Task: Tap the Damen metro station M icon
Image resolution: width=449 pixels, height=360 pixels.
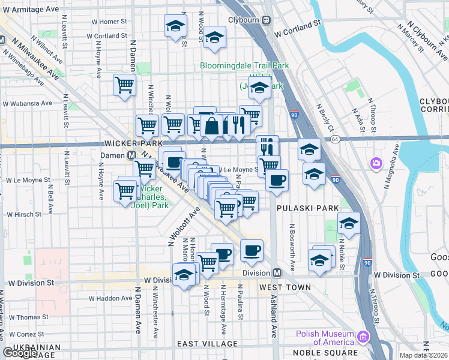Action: [x=130, y=155]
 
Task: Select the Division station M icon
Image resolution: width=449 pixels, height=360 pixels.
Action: [x=277, y=272]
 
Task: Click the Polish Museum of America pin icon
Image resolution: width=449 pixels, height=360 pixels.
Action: [x=363, y=338]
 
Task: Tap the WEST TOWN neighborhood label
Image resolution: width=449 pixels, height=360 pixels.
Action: [x=285, y=287]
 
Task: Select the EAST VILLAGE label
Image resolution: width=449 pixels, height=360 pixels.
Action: [x=208, y=344]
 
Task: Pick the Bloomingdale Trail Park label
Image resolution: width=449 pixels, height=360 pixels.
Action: [x=244, y=65]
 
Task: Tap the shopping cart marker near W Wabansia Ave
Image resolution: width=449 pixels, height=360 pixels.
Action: [x=124, y=85]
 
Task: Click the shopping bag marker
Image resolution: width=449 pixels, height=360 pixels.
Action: [x=213, y=125]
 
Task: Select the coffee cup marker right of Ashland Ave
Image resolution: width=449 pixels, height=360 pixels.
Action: [x=277, y=179]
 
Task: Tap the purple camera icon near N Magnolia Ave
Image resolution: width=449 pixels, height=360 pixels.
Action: [x=376, y=163]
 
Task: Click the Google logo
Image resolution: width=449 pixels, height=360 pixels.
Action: [x=20, y=353]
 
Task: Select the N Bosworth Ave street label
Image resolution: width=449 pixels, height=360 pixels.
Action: [x=292, y=247]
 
